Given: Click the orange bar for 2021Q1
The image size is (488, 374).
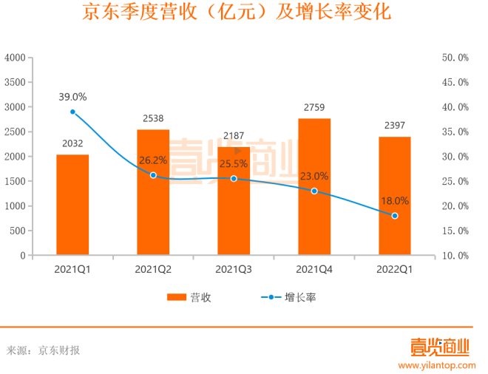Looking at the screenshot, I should pyautogui.click(x=72, y=205).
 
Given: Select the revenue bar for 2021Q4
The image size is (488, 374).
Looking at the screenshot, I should pyautogui.click(x=314, y=186).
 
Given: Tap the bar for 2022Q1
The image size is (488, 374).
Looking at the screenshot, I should pyautogui.click(x=395, y=196).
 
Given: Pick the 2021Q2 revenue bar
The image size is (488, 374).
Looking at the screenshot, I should pyautogui.click(x=153, y=192).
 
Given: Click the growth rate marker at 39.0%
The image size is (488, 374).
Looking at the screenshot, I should pyautogui.click(x=72, y=112).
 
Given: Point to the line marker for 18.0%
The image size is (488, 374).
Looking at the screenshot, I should pyautogui.click(x=395, y=216).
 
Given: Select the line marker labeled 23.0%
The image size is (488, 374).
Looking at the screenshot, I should pyautogui.click(x=314, y=191).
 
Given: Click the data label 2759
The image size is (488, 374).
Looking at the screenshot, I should pyautogui.click(x=314, y=108).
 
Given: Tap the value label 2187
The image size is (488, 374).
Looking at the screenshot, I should pyautogui.click(x=234, y=137).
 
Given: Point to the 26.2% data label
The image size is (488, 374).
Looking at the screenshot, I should pyautogui.click(x=153, y=160).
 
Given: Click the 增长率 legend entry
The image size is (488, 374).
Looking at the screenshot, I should pyautogui.click(x=289, y=298).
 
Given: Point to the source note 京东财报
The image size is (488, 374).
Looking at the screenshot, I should pyautogui.click(x=59, y=350).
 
